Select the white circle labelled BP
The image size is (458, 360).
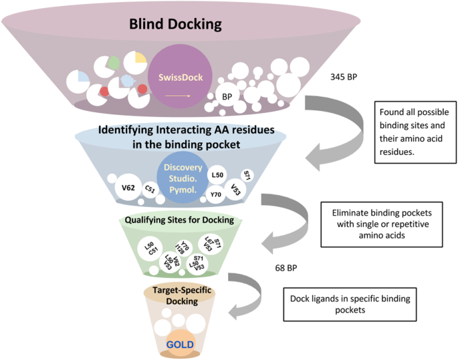pos(227,97)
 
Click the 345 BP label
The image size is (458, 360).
pos(344,77)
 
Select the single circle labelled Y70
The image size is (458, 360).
pos(216,195)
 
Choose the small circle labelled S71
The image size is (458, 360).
pos(247,175)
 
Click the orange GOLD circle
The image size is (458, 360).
pos(181,345)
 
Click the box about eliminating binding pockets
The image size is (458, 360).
pos(381,220)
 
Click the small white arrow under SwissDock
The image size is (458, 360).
pos(175,96)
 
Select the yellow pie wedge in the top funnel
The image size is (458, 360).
pos(140,55)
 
